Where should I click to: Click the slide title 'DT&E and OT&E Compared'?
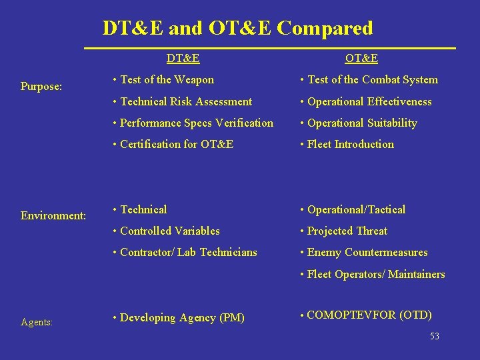237,28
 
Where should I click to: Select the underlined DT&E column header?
183,59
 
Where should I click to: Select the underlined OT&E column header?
363,59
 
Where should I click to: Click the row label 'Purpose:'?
41,86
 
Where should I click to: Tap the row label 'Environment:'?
53,215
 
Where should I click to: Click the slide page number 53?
435,337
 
